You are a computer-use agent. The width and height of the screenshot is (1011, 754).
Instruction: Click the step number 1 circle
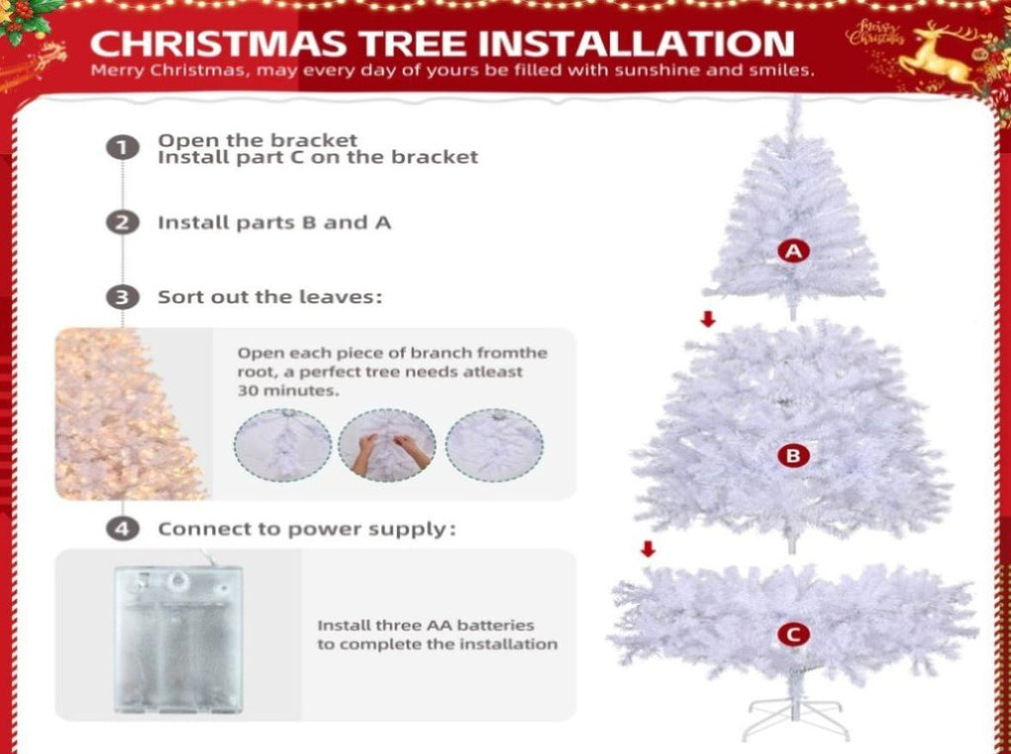click(122, 148)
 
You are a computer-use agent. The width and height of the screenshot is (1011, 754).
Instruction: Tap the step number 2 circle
click(122, 222)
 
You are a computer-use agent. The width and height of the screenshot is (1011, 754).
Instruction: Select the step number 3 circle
click(122, 297)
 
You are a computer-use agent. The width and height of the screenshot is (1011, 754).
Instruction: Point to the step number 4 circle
click(122, 530)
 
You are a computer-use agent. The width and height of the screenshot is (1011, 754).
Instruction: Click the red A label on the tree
click(793, 250)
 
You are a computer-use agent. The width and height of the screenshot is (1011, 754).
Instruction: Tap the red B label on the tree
click(793, 456)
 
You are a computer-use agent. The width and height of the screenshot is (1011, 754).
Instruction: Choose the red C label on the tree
click(793, 633)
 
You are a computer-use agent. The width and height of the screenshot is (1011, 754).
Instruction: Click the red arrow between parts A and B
click(708, 318)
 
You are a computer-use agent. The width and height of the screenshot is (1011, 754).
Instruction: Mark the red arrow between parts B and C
click(648, 548)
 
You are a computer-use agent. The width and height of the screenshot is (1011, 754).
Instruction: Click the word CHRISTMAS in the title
click(218, 43)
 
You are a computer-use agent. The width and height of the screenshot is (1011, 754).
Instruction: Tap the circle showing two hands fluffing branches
click(387, 445)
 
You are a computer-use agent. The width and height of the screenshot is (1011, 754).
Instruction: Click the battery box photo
click(178, 639)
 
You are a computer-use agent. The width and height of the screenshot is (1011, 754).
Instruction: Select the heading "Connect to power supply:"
click(307, 530)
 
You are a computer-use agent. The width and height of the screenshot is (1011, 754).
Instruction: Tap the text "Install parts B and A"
click(274, 222)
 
